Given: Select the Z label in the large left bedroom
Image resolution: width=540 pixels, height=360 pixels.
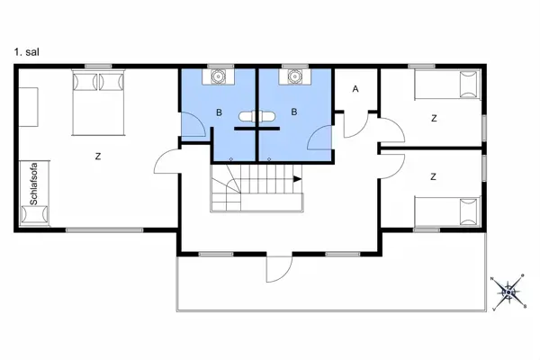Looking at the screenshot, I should point(97,157).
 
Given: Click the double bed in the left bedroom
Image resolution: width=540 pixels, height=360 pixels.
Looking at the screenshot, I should point(98,102).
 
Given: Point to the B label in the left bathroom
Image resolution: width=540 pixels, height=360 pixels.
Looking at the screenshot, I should point(219,112).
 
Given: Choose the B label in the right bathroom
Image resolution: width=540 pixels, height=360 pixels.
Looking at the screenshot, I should point(293,112).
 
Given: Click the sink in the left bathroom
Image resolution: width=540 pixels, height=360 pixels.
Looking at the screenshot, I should point(218,77).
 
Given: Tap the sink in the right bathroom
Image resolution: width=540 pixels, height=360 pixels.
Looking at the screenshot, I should point(293,77).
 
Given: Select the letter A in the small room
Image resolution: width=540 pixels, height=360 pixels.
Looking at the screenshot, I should point(355,88).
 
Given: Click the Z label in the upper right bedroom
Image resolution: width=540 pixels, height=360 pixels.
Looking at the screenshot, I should point(433,117).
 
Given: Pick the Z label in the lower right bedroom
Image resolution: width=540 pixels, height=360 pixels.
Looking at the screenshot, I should point(433,176).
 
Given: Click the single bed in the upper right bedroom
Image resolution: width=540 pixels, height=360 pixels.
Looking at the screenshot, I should point(445,87).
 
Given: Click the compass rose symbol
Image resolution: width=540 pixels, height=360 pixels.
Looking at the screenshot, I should point(510,291).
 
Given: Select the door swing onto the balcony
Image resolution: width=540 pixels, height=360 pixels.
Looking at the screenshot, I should point(278,269).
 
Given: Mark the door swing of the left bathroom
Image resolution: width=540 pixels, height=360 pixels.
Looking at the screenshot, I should point(193,125).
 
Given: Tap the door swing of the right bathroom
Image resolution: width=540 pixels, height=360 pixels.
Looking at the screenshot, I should point(319,137).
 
